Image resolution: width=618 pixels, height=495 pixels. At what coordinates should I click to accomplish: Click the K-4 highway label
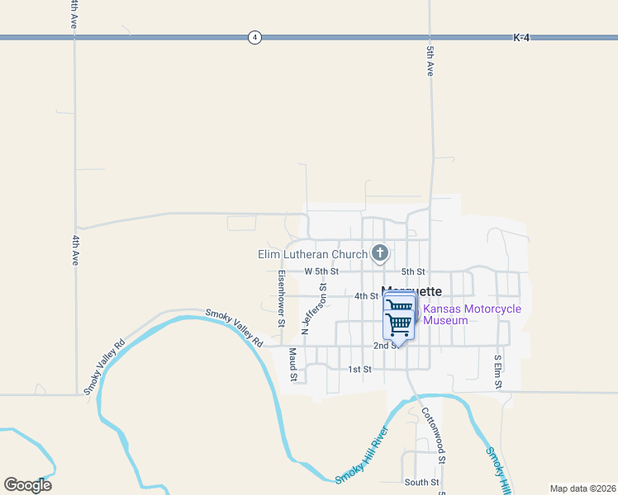pyautogui.click(x=521, y=38)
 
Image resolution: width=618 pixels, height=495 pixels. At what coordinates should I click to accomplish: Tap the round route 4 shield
pyautogui.click(x=254, y=37)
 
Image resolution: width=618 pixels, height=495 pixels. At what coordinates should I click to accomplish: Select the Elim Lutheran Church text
pyautogui.click(x=313, y=254)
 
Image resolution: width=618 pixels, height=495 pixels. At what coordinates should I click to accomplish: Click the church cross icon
pyautogui.click(x=380, y=253)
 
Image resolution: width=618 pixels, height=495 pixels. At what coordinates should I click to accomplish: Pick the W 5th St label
pyautogui.click(x=321, y=271)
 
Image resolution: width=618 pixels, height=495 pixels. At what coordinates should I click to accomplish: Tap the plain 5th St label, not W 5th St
pyautogui.click(x=413, y=271)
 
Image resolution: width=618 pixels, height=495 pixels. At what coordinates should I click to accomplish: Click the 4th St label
pyautogui.click(x=366, y=296)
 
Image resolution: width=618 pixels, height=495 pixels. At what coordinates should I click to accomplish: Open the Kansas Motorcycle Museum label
pyautogui.click(x=472, y=314)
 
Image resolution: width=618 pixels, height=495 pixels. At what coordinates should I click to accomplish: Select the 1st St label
pyautogui.click(x=359, y=370)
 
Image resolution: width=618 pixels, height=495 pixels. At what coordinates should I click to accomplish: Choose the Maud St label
pyautogui.click(x=292, y=364)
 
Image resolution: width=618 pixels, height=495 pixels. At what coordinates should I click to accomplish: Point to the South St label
pyautogui.click(x=421, y=482)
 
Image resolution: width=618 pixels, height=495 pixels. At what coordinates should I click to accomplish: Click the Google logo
pyautogui.click(x=27, y=485)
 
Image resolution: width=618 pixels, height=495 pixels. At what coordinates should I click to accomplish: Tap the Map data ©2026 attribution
pyautogui.click(x=582, y=488)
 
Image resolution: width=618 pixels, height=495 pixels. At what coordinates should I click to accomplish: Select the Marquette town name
pyautogui.click(x=411, y=291)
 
